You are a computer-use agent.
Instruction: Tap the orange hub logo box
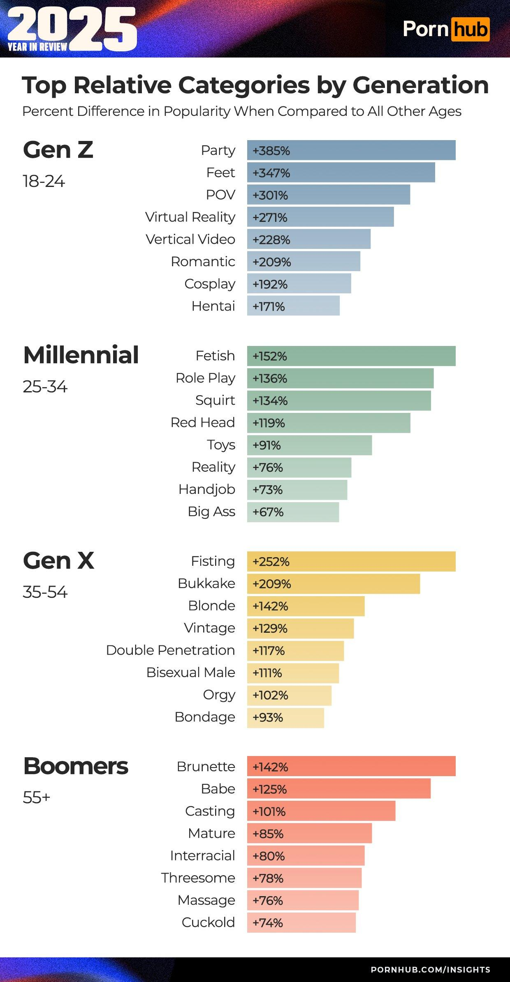470,29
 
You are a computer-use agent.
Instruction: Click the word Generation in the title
420,85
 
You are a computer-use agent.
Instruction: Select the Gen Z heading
58,150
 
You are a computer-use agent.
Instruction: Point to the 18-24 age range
44,181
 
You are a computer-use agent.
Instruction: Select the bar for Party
351,150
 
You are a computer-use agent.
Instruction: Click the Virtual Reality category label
190,217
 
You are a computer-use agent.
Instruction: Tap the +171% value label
269,306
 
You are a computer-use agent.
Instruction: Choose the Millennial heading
81,355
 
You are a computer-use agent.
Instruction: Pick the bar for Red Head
329,423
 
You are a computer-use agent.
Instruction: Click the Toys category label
221,445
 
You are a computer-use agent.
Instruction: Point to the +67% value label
268,512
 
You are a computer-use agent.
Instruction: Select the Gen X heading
59,561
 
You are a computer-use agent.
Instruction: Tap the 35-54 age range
45,592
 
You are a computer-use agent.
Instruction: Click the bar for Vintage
300,628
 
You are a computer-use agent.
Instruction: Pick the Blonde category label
211,606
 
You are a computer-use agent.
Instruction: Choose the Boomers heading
76,766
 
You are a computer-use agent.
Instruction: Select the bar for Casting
321,811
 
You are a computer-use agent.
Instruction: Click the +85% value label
268,834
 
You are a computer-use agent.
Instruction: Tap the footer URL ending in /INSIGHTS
430,970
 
